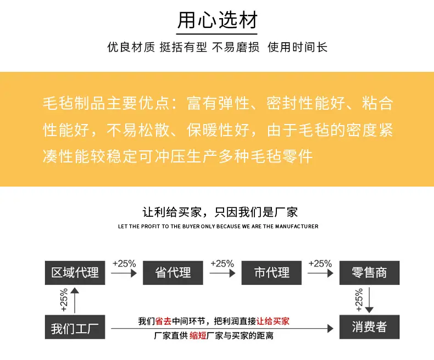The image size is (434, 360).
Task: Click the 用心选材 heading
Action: point(218,20)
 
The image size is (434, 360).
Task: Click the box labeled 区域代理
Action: point(75,273)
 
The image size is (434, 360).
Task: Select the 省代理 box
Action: point(173,273)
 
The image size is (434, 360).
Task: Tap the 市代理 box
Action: point(271,273)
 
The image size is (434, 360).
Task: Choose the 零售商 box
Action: point(370,273)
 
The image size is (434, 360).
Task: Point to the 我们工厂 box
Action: point(75,327)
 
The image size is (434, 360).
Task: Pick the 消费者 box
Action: point(370,327)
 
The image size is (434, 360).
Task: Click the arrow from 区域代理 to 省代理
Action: point(124,273)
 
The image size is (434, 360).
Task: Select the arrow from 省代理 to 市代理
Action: point(222,273)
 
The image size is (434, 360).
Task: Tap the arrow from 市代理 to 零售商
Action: point(320,273)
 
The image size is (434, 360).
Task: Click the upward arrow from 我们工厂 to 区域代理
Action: point(75,300)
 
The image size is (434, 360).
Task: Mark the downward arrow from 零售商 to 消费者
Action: point(369,300)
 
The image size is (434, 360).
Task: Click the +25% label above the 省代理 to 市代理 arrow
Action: point(222,263)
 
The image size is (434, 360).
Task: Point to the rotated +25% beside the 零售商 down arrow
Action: point(359,300)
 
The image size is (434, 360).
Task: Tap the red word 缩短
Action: point(198,336)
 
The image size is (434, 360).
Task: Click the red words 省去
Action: point(164,321)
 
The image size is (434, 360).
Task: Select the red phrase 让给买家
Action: point(273,321)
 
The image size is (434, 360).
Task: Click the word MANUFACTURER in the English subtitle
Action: point(297,227)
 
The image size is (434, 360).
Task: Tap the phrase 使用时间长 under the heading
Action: point(298,47)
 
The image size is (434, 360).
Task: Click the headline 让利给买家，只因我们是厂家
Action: point(220,212)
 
